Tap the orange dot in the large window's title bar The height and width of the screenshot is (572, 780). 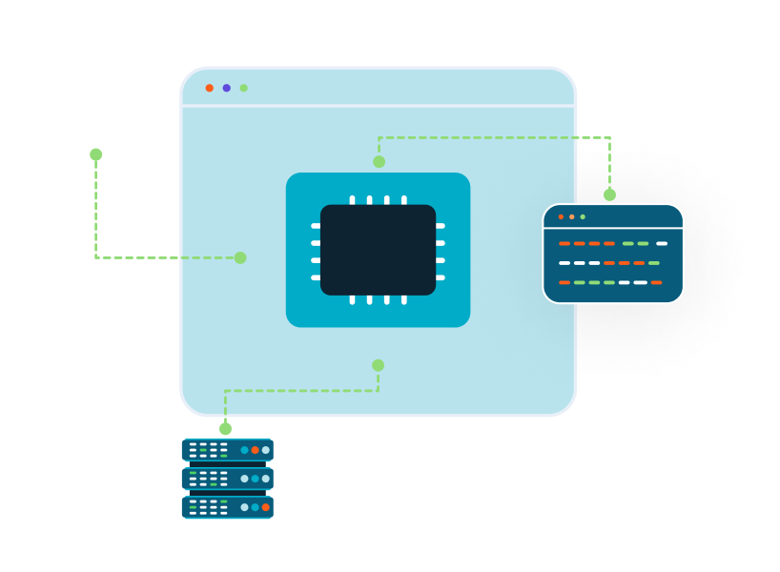pos(210,88)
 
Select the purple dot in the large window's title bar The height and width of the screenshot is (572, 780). pos(227,88)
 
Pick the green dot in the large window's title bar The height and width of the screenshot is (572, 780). pos(244,88)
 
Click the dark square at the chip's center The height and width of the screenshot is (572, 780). pos(378,250)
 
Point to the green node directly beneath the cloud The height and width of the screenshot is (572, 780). pos(95,154)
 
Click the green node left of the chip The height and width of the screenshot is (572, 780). pos(240,257)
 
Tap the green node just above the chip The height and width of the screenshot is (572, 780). pos(379,162)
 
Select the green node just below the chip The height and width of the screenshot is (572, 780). pos(378,365)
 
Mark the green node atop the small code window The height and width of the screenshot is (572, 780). pos(609,194)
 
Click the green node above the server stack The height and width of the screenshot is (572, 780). pos(225,429)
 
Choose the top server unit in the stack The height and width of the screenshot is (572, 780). pos(227,450)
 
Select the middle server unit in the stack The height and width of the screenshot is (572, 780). pos(227,479)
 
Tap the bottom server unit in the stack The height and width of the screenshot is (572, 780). pos(227,507)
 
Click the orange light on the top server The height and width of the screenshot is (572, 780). pos(256,450)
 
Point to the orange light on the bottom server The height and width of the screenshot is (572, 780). pos(266,507)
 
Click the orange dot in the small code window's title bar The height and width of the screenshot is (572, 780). pos(561,216)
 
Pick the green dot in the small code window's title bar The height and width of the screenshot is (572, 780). pos(583,216)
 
